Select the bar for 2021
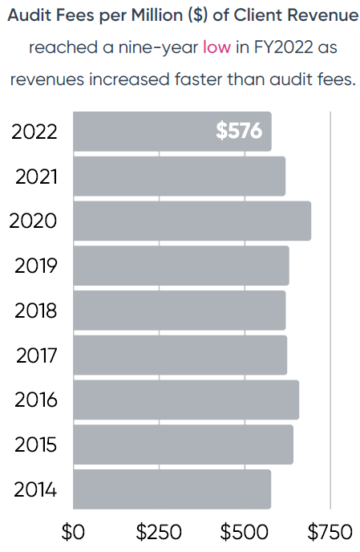click(x=179, y=177)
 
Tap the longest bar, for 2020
click(x=192, y=221)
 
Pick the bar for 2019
click(x=180, y=266)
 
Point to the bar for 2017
click(x=180, y=355)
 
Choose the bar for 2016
click(x=185, y=400)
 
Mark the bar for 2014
click(x=172, y=489)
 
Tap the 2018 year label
click(x=36, y=310)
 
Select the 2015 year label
click(x=36, y=444)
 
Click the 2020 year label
click(x=33, y=221)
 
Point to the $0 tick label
click(x=73, y=532)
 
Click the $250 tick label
click(x=158, y=532)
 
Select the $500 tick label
click(x=245, y=532)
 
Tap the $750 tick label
click(x=330, y=532)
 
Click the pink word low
click(x=216, y=48)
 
